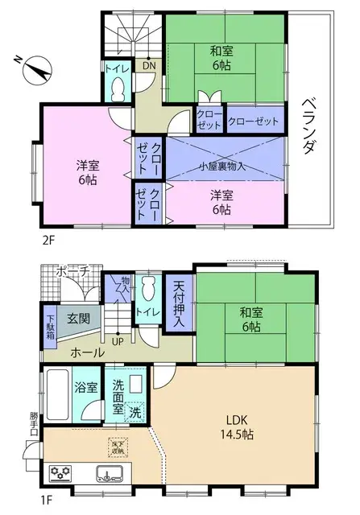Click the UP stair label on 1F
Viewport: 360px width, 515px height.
pyautogui.click(x=118, y=340)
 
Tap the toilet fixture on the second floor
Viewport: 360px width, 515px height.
pyautogui.click(x=118, y=89)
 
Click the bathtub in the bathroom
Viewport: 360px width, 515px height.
pyautogui.click(x=59, y=396)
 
